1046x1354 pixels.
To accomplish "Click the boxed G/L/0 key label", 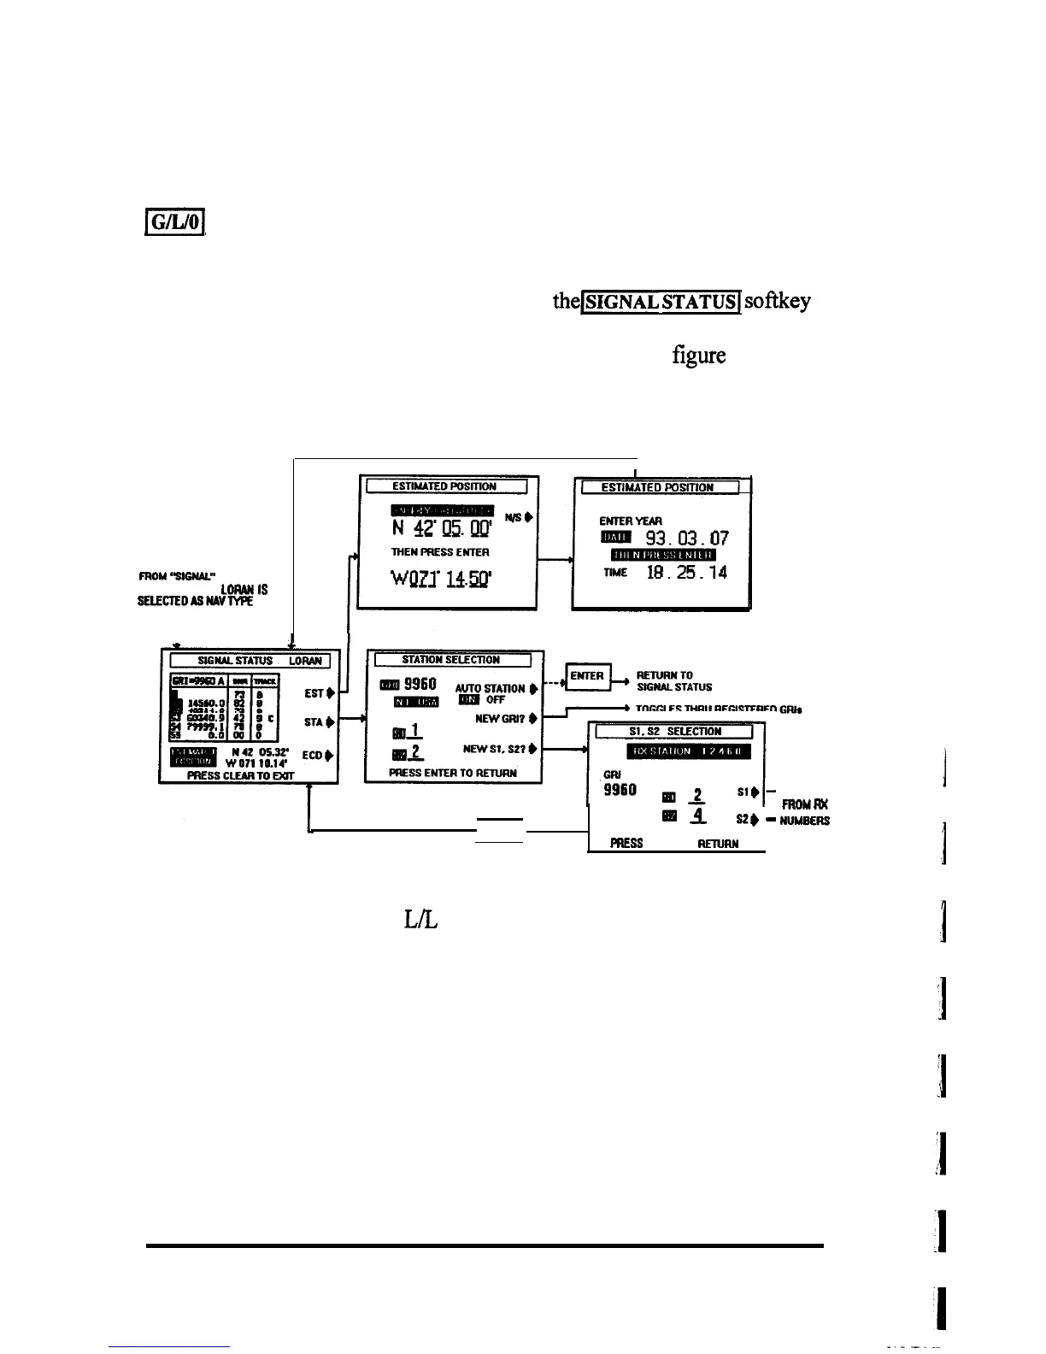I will pyautogui.click(x=173, y=225).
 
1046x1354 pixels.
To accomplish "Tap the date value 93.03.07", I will pyautogui.click(x=687, y=538).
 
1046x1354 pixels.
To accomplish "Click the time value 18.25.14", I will pyautogui.click(x=686, y=573).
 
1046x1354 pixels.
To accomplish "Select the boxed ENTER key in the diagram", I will pyautogui.click(x=587, y=676).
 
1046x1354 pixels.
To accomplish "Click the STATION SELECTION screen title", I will pyautogui.click(x=451, y=660).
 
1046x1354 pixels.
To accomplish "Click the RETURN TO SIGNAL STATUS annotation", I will pyautogui.click(x=675, y=681).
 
